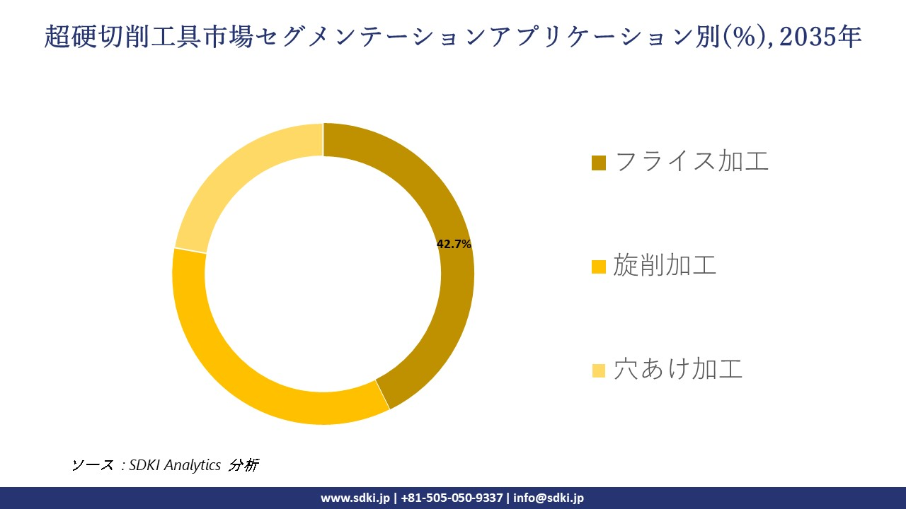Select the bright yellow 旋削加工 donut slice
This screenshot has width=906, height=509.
pos(234,368)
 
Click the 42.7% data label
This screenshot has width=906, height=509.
pos(454,244)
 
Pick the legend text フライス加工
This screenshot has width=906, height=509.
pos(692,162)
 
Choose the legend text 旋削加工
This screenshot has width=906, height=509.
pos(665,266)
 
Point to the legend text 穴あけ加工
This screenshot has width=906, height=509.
pos(678,370)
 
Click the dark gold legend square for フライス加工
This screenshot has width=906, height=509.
pos(599,163)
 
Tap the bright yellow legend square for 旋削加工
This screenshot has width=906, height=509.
pos(599,267)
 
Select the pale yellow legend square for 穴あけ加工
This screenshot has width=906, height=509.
pos(599,370)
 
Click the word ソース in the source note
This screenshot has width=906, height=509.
pos(92,465)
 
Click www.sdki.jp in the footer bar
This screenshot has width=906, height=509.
pos(355,498)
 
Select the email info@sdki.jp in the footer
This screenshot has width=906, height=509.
pos(549,498)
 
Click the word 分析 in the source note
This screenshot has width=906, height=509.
pos(244,465)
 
